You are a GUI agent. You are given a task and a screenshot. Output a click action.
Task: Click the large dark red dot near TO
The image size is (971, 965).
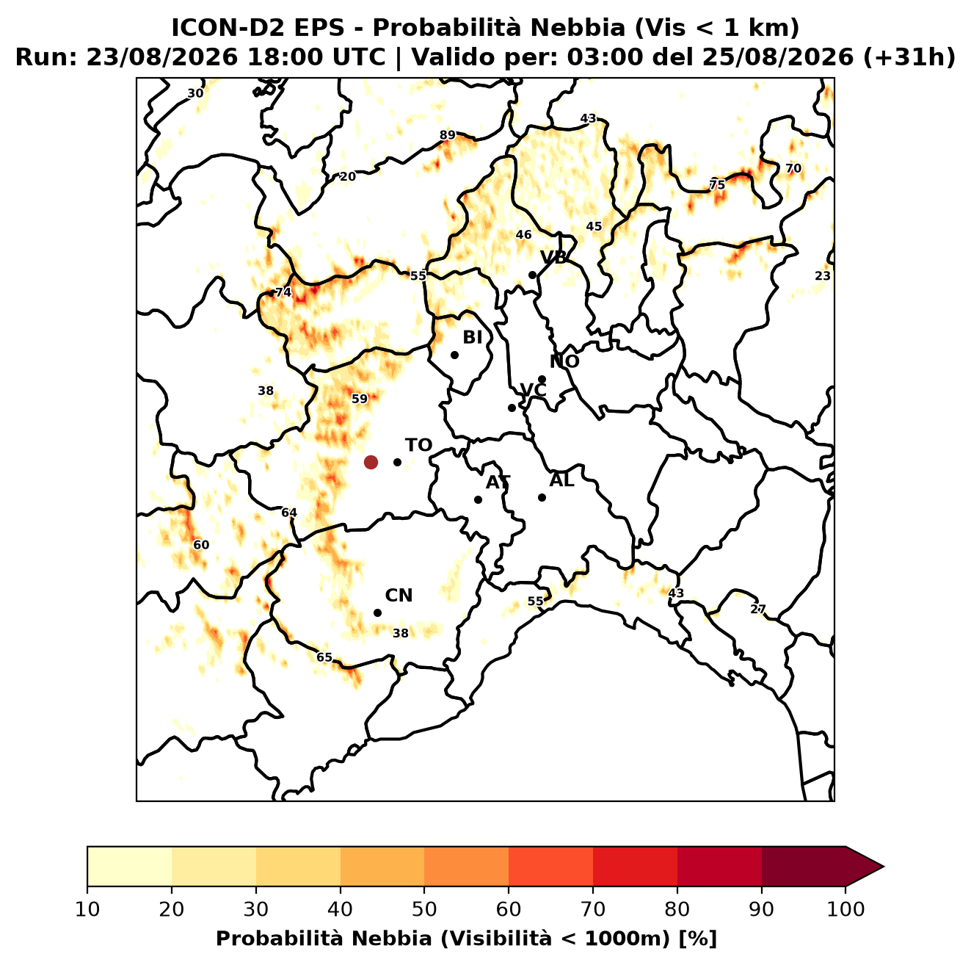371,461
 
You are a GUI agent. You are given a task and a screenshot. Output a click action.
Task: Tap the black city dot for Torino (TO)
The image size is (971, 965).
397,462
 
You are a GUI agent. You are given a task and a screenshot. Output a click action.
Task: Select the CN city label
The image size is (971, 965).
399,596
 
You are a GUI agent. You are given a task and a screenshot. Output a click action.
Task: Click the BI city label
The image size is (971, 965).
472,337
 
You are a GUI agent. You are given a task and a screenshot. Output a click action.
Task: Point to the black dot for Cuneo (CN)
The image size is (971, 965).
377,612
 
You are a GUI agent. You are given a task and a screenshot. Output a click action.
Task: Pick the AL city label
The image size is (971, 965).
562,480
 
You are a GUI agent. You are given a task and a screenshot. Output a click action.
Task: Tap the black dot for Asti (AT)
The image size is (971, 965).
479,499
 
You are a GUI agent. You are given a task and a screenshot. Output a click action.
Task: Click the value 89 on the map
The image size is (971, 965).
447,134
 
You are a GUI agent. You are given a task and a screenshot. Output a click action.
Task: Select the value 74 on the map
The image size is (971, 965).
283,292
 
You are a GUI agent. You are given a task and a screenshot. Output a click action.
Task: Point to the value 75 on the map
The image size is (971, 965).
716,184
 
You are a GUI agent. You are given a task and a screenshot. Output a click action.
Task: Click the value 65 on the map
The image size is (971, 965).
324,657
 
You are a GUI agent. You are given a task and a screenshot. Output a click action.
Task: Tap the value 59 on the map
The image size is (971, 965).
360,399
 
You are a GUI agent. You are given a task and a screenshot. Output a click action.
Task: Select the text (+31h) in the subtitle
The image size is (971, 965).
909,57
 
